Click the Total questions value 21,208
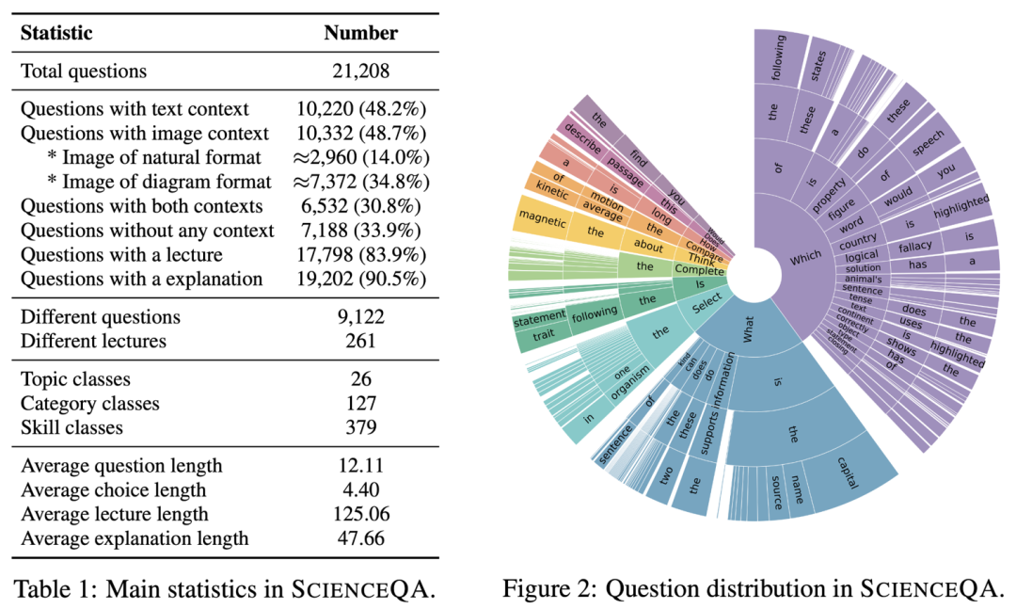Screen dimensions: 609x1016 click(361, 71)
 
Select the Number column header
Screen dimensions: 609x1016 click(361, 33)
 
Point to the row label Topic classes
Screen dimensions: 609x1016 click(75, 379)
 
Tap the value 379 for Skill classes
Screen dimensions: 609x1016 click(361, 428)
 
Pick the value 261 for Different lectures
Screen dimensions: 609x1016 click(361, 342)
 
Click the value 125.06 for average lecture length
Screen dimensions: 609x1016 click(361, 514)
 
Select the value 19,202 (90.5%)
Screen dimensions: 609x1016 click(361, 279)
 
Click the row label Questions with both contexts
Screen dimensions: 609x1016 click(142, 205)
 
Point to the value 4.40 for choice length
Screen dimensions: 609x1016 click(361, 489)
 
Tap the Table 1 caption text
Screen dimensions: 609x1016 click(225, 589)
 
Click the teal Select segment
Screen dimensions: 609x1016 click(703, 308)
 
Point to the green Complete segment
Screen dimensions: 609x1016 click(697, 269)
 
